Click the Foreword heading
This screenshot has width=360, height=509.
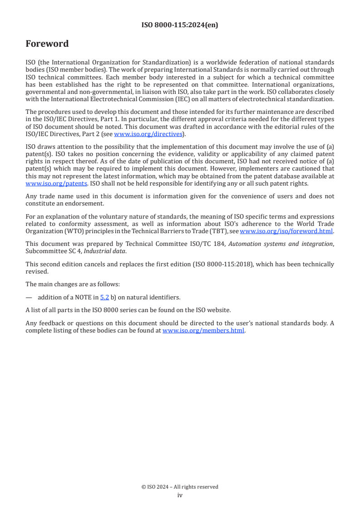click(x=47, y=44)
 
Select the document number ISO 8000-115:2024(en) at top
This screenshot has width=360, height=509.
click(x=180, y=25)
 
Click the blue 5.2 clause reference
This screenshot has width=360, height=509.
click(x=104, y=298)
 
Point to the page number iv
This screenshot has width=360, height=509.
click(x=180, y=495)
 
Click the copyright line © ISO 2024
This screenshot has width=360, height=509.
click(x=180, y=487)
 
